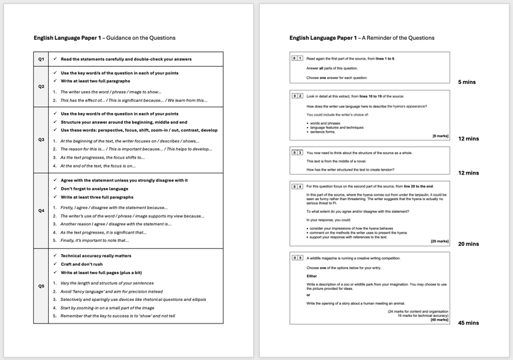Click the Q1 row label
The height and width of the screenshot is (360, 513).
click(x=41, y=59)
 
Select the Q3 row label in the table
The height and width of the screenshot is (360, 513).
click(x=41, y=139)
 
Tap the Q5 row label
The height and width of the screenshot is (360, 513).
click(x=41, y=286)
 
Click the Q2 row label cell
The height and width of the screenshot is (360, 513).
click(x=41, y=86)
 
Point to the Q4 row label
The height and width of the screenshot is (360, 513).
click(x=41, y=210)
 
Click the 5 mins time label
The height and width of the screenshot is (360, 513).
click(x=467, y=83)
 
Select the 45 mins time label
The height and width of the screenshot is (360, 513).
click(x=468, y=323)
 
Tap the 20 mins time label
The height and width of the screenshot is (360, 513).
click(x=468, y=244)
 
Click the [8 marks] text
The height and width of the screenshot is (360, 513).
click(x=441, y=136)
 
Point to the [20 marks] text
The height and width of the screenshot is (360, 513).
click(x=439, y=241)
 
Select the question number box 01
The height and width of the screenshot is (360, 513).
click(x=297, y=58)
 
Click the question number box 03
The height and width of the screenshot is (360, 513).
click(x=297, y=153)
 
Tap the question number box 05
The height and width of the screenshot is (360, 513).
click(x=297, y=258)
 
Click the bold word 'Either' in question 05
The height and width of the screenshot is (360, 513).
click(x=312, y=276)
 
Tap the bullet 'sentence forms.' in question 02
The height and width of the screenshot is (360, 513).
click(x=322, y=132)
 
